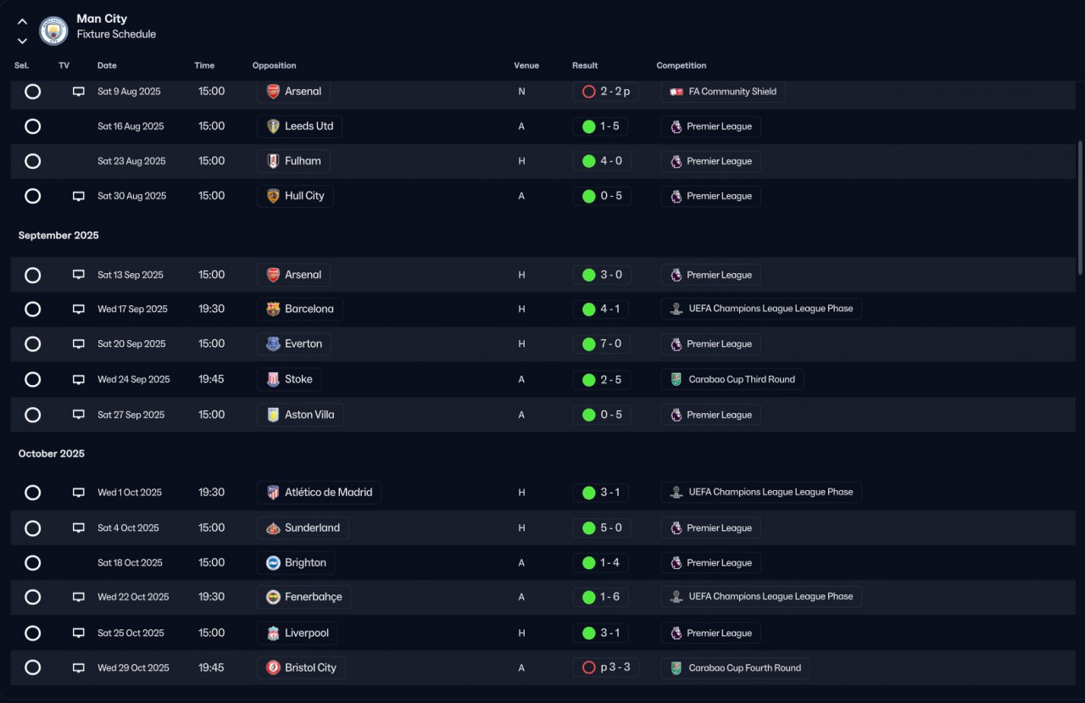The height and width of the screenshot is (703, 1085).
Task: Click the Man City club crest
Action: [x=53, y=31]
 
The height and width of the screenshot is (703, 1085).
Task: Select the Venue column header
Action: [x=526, y=65]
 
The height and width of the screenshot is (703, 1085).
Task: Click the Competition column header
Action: [x=681, y=65]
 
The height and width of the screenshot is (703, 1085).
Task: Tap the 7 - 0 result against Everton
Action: [x=611, y=344]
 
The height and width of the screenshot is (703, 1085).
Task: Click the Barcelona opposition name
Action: [x=309, y=310]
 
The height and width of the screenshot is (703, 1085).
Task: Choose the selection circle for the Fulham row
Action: [x=32, y=161]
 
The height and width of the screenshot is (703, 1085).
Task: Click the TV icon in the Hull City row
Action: [x=79, y=196]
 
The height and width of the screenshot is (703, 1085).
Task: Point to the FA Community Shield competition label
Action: [x=732, y=92]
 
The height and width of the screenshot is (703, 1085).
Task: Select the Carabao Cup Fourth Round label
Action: [x=744, y=668]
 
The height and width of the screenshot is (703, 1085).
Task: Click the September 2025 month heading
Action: [x=58, y=236]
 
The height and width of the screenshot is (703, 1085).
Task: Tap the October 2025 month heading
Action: [x=52, y=454]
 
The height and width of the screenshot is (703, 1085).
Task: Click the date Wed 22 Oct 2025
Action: [x=133, y=597]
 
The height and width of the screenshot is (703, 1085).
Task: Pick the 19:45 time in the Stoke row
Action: [x=211, y=379]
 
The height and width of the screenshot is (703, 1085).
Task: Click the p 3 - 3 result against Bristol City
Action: [x=615, y=667]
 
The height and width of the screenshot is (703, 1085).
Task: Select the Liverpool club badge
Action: [x=273, y=633]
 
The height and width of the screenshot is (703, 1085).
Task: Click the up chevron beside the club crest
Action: [x=22, y=22]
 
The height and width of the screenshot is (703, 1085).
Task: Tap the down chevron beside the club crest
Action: [x=22, y=42]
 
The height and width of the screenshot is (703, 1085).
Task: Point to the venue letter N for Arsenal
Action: [x=521, y=92]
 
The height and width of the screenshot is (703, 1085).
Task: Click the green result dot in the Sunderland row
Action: [x=588, y=528]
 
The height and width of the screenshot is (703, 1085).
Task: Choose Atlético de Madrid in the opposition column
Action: [x=328, y=492]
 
